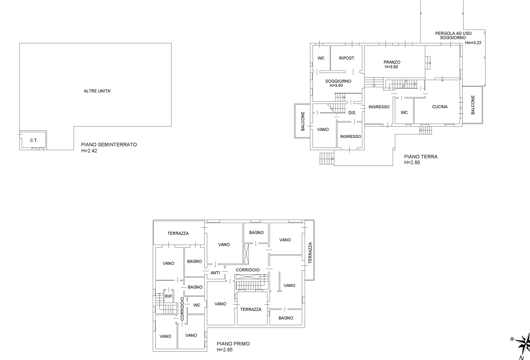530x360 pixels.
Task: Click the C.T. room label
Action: tap(34, 140)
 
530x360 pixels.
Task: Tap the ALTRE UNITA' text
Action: tap(98, 91)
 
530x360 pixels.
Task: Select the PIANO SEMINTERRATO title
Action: tap(109, 145)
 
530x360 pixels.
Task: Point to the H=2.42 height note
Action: tap(89, 151)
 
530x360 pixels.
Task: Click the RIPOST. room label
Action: tap(347, 58)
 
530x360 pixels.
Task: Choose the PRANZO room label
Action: tap(392, 62)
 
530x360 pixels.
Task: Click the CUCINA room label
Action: tap(440, 107)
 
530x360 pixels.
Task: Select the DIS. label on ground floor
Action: tap(352, 112)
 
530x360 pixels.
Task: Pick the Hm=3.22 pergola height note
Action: tap(473, 43)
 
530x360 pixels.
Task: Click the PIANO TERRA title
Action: tap(421, 156)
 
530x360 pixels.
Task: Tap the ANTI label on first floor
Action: tap(215, 273)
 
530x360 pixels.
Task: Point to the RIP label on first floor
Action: tap(168, 296)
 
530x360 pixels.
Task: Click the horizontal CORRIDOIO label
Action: tap(248, 270)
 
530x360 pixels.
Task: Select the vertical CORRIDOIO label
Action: tap(182, 308)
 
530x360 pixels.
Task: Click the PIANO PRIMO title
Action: tap(233, 344)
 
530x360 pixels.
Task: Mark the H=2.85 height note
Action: tap(225, 349)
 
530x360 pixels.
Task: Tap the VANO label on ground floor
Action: tap(323, 130)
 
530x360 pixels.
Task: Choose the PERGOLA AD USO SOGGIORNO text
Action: tap(453, 36)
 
